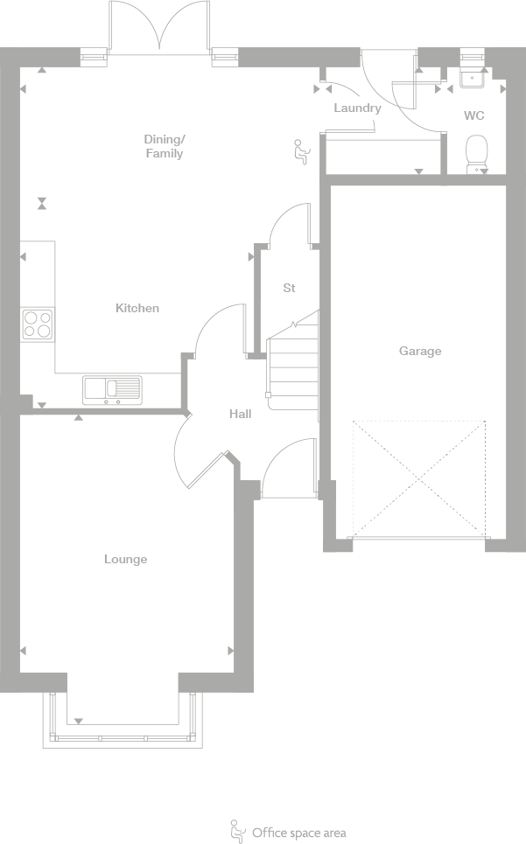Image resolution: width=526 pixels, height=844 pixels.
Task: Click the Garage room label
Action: click(x=420, y=351)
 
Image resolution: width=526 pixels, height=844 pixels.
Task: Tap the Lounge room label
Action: click(x=126, y=559)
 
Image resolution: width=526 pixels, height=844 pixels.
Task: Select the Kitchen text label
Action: click(x=137, y=308)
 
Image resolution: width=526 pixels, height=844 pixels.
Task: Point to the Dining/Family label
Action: click(x=165, y=146)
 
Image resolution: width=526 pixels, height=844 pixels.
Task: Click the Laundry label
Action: click(x=357, y=108)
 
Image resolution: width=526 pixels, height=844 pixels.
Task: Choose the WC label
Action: click(x=473, y=115)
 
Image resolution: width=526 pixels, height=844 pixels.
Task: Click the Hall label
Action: click(x=241, y=414)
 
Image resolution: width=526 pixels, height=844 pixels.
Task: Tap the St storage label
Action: click(x=289, y=288)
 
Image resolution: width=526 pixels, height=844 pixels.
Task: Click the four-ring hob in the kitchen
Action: click(x=38, y=324)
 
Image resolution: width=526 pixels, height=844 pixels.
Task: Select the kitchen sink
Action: click(x=112, y=389)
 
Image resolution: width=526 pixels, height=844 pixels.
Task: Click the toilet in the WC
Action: click(x=476, y=153)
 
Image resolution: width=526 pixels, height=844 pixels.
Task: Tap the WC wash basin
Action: click(x=473, y=79)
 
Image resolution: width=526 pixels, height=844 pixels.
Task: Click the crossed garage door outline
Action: click(x=418, y=478)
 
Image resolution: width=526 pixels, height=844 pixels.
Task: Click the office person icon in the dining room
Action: click(x=300, y=151)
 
